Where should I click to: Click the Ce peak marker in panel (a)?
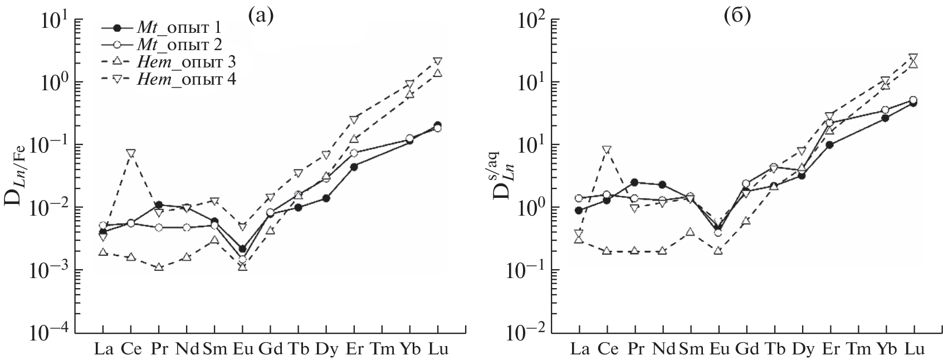(131, 153)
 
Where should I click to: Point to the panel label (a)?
(261, 16)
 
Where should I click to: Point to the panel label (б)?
(737, 16)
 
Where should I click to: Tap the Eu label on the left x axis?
(242, 349)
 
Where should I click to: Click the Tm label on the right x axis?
(857, 349)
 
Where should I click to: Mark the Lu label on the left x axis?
(437, 349)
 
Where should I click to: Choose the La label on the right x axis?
(579, 349)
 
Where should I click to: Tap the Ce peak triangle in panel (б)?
(607, 149)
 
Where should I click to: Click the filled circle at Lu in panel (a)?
(437, 125)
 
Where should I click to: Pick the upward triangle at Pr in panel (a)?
(159, 267)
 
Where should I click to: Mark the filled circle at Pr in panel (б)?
(634, 182)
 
